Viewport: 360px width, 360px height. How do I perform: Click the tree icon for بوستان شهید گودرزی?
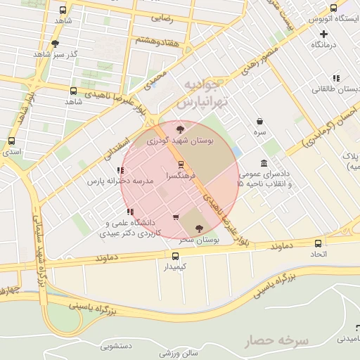[181, 129]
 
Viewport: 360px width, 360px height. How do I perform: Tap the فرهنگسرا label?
[181, 174]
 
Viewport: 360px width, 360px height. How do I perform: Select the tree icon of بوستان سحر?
[198, 228]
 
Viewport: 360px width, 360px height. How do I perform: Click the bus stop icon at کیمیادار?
[175, 256]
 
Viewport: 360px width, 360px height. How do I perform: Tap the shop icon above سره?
[260, 121]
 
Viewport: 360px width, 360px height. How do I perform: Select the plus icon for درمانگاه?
[323, 34]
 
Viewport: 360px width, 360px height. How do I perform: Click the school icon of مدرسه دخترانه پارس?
[118, 170]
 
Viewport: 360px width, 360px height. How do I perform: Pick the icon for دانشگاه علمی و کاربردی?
[129, 212]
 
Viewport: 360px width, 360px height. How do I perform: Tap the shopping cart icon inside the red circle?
[175, 217]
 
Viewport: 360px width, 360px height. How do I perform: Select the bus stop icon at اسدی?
[11, 141]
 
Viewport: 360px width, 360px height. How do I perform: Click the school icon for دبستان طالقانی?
[336, 78]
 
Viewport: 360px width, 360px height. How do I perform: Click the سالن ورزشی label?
[179, 352]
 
